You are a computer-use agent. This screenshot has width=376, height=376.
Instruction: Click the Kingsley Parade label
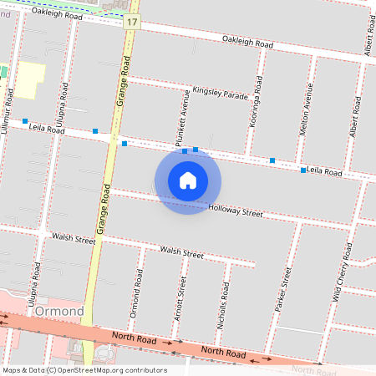pos(220,93)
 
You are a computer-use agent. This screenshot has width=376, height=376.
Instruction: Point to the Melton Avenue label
pos(308,109)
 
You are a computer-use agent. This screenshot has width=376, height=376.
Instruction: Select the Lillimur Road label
pos(9,109)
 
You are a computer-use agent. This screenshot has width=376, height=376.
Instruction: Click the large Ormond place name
pos(60,312)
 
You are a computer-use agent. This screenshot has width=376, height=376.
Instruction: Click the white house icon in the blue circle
pos(188,180)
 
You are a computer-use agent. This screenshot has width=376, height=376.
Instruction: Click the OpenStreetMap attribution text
pos(84,370)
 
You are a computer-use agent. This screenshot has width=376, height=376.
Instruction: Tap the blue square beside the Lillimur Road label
pos(25,121)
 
